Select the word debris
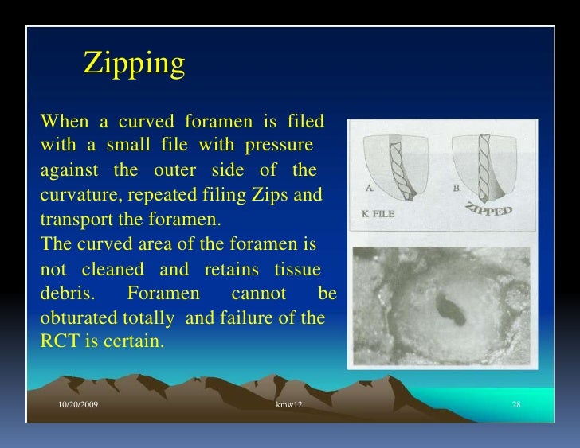[67, 294]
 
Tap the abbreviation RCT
[57, 343]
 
